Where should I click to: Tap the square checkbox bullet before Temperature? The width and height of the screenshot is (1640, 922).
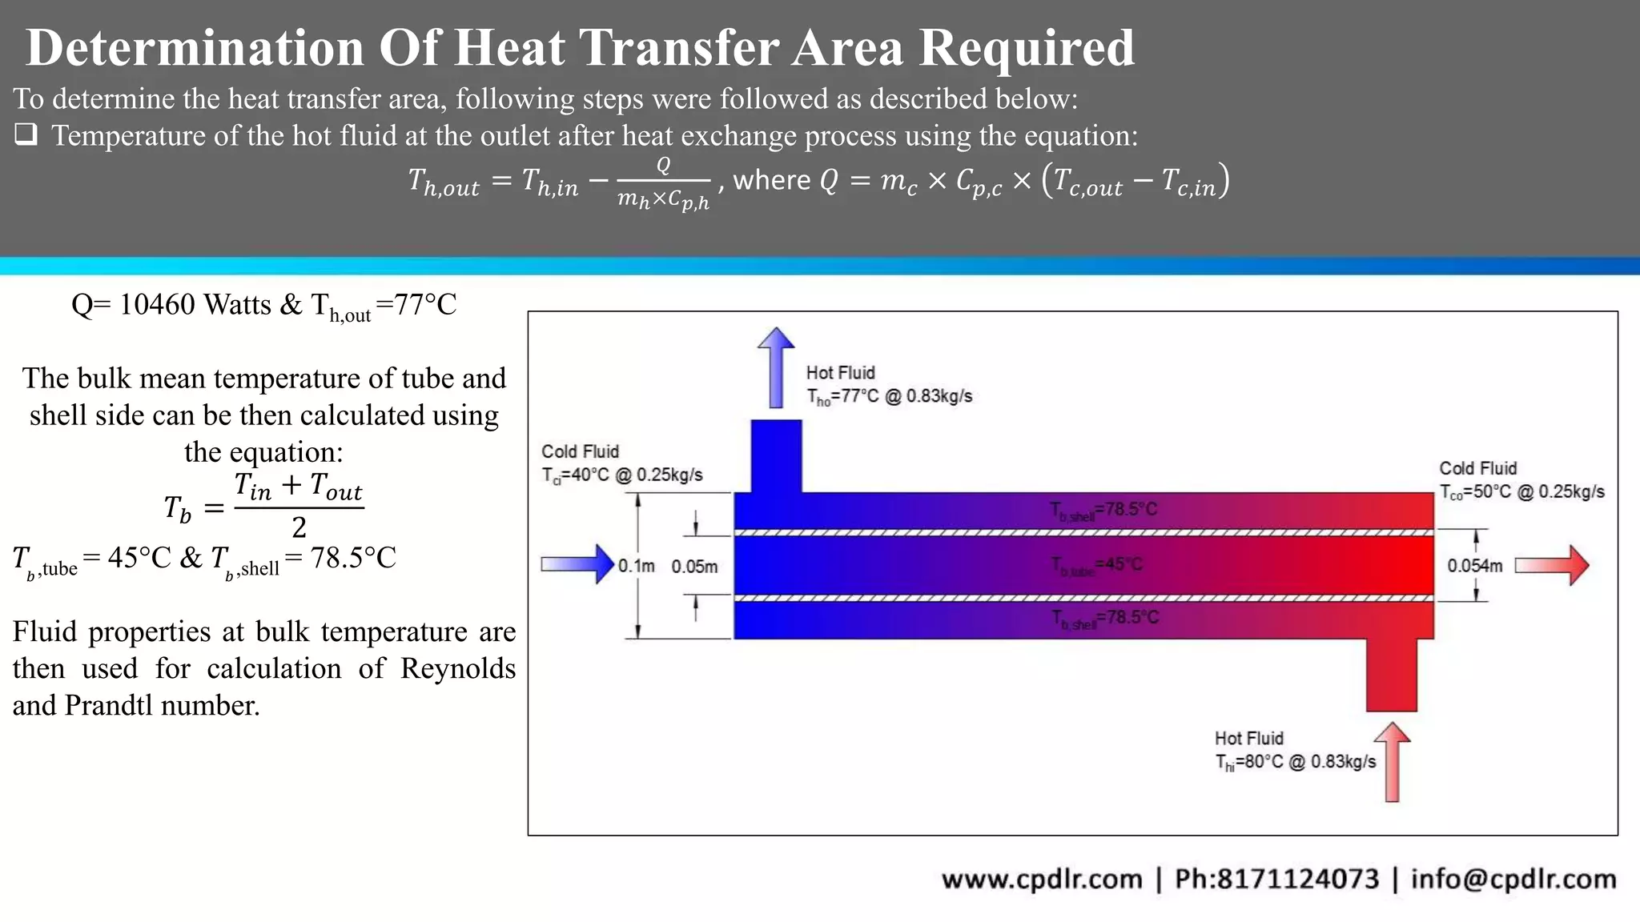26,134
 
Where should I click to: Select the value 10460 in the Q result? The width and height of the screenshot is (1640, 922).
156,305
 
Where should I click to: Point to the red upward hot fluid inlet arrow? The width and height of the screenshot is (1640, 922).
1393,761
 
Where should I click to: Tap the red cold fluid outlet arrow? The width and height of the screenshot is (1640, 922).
1552,565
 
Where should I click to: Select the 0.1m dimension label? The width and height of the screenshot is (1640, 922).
636,567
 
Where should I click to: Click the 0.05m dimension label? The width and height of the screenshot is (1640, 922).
694,567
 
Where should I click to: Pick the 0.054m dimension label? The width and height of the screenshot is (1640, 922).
1474,566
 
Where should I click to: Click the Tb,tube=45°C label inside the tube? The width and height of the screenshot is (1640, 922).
1097,565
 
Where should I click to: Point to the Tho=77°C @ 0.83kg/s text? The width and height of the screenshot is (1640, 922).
889,396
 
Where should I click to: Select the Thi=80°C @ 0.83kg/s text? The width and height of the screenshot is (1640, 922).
1295,762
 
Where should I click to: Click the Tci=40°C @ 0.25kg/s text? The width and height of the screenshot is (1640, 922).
622,475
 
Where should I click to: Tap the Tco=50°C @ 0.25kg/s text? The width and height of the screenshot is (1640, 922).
1521,492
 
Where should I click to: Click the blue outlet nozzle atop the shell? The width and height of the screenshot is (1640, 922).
776,455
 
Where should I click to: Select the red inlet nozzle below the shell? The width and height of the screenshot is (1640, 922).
1392,675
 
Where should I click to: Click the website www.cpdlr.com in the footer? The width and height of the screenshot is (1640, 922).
1042,879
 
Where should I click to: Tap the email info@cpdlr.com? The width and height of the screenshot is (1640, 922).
1513,879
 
